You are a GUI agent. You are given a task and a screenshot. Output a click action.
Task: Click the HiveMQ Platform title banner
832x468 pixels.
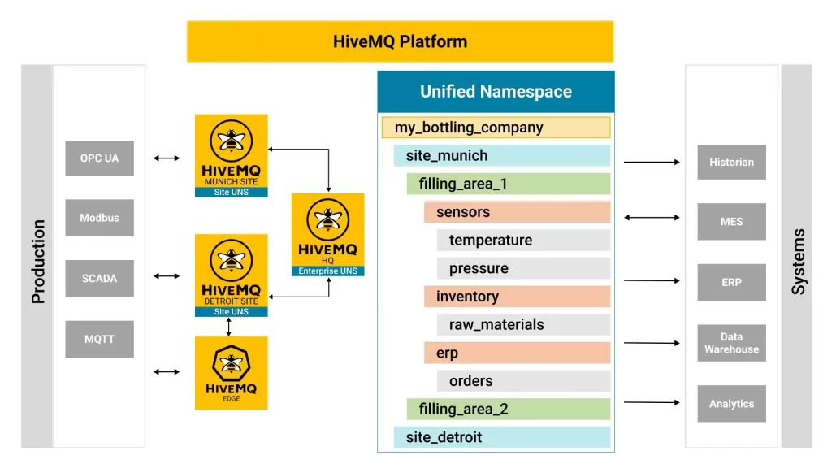tap(400, 41)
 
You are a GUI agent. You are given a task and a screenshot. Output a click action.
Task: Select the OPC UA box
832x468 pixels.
tap(99, 158)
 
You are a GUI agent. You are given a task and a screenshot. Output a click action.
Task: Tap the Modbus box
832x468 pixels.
tap(99, 218)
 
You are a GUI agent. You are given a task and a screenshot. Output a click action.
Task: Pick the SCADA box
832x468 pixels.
tap(99, 278)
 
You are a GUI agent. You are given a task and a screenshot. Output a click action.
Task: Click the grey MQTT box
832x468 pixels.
tap(99, 339)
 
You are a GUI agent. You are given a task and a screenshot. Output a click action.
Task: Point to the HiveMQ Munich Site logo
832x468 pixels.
tap(232, 155)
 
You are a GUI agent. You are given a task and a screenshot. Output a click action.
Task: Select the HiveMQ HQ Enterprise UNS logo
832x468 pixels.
tap(327, 235)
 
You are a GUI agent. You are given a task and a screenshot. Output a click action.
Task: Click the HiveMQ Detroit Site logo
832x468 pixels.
tap(232, 275)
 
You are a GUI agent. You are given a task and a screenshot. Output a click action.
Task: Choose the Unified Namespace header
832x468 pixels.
tap(496, 92)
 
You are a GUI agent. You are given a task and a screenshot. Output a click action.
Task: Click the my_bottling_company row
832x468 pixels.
tap(496, 128)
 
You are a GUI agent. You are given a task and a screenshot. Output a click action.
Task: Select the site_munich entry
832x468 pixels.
tap(501, 155)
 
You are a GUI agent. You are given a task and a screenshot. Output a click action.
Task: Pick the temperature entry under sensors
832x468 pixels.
tap(523, 240)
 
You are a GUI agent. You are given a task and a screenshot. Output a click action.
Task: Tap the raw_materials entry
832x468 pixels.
tap(523, 324)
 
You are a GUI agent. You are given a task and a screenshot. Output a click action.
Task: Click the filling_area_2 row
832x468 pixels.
tap(508, 409)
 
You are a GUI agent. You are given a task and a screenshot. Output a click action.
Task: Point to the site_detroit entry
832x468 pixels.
tap(501, 437)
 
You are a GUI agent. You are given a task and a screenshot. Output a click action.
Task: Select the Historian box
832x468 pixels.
tap(731, 162)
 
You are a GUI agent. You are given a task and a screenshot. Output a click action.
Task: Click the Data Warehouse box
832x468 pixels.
tap(731, 343)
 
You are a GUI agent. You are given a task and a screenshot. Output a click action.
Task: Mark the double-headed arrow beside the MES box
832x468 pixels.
tap(652, 218)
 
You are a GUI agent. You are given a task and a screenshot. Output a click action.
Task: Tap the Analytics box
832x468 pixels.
tap(731, 404)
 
